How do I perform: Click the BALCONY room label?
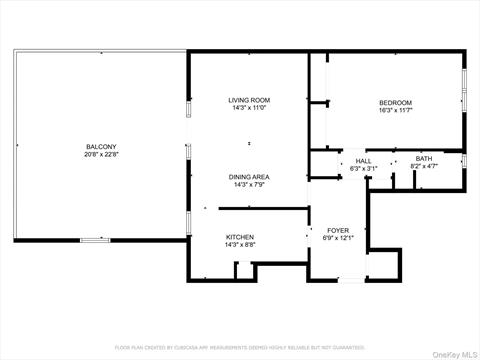pyautogui.click(x=100, y=147)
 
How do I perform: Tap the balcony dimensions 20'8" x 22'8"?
pyautogui.click(x=100, y=155)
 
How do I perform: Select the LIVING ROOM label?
pyautogui.click(x=248, y=100)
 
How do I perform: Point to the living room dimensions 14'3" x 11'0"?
pyautogui.click(x=248, y=108)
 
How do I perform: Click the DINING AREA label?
pyautogui.click(x=248, y=176)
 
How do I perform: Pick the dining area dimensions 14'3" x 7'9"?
pyautogui.click(x=248, y=184)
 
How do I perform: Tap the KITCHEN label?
pyautogui.click(x=240, y=237)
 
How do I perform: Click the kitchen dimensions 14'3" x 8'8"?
pyautogui.click(x=240, y=245)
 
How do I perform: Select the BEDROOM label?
pyautogui.click(x=395, y=103)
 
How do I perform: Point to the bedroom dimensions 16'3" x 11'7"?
pyautogui.click(x=395, y=111)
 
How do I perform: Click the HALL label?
pyautogui.click(x=362, y=160)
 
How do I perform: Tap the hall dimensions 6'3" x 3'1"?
pyautogui.click(x=362, y=168)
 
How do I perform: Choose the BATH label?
pyautogui.click(x=424, y=159)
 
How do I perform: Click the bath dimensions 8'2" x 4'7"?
pyautogui.click(x=424, y=167)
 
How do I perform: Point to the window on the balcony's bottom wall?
pyautogui.click(x=95, y=240)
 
